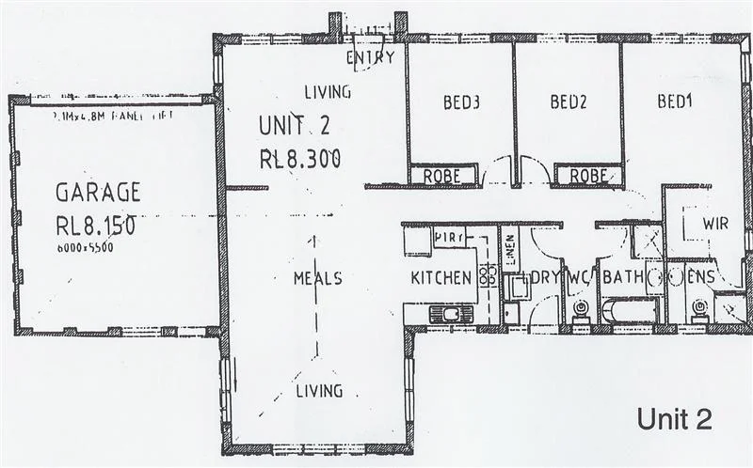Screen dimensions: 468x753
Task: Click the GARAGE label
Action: coord(98,194)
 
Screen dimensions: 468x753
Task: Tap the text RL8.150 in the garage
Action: coord(97,226)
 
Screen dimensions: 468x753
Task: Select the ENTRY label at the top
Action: coord(370,58)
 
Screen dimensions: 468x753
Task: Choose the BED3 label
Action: coord(462,101)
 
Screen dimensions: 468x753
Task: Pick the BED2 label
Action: coord(569,101)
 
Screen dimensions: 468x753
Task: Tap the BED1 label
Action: coord(676,101)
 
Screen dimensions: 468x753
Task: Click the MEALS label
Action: coord(317,278)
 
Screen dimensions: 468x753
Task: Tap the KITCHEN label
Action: coord(441,278)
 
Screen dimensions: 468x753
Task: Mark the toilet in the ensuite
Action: coord(698,308)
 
